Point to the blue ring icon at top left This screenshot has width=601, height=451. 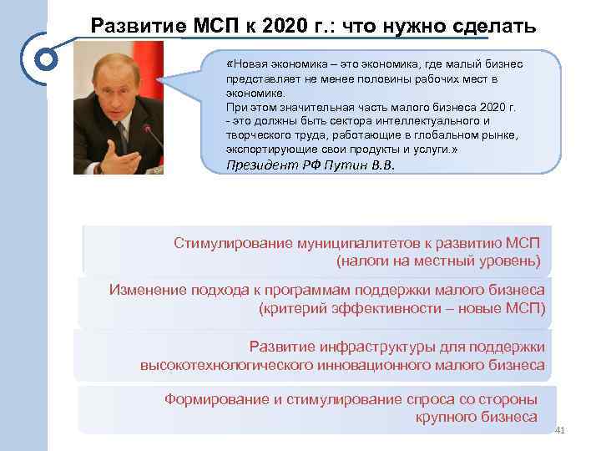pyautogui.click(x=47, y=59)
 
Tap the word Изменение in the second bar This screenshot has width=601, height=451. pyautogui.click(x=144, y=290)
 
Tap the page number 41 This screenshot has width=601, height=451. pyautogui.click(x=559, y=431)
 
